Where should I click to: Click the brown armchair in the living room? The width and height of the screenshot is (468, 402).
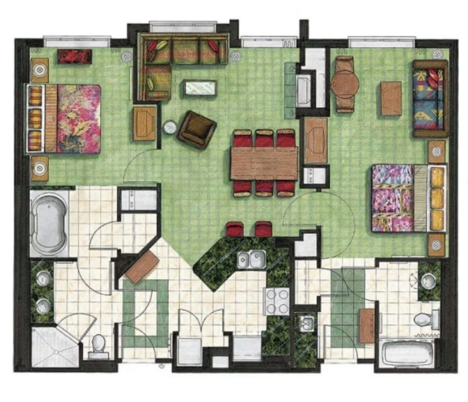point(196,129)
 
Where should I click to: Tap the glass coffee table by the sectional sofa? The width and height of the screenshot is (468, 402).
point(200,88)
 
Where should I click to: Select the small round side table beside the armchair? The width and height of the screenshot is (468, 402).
point(170,127)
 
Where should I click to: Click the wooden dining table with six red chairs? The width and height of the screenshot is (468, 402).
point(264,163)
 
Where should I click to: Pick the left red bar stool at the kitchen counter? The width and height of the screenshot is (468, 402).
point(235,230)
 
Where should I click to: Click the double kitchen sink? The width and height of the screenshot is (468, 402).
point(252,259)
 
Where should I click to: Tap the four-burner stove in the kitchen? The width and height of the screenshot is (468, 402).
point(276,301)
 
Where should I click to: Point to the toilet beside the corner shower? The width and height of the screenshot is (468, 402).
point(99,344)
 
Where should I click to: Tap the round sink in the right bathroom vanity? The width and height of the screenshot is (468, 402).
point(429,281)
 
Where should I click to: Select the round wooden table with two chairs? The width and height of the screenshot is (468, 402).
point(345,84)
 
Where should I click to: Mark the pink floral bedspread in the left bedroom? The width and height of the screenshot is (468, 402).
point(78,119)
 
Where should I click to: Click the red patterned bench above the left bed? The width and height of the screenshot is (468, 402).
point(75,57)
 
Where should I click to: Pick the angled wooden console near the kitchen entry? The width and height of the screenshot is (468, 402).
point(142,268)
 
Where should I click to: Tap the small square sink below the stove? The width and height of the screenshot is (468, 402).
point(306,324)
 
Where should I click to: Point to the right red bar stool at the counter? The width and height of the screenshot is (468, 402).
point(263,230)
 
